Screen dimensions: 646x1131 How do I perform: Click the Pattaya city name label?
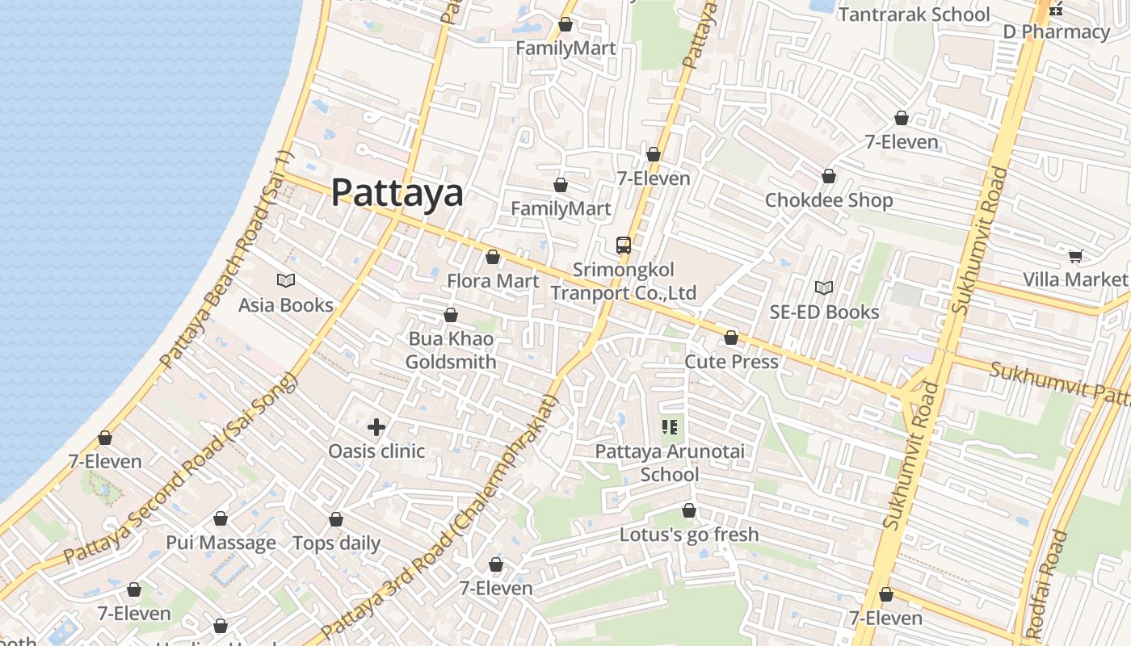(397, 193)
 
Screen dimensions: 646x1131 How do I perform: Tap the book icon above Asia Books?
(286, 280)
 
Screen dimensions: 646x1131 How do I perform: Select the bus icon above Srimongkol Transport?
(624, 245)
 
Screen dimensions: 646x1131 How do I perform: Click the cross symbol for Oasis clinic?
(376, 427)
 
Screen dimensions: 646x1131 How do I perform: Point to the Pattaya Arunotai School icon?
(670, 426)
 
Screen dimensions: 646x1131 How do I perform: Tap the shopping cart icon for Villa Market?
(1075, 256)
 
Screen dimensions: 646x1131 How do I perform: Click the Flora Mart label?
(493, 281)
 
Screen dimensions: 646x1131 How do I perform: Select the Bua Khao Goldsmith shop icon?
(451, 315)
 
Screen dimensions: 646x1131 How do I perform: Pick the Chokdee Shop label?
(829, 200)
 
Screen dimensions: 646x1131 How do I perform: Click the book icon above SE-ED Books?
(824, 287)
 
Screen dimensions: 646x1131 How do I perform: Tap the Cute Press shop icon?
(731, 338)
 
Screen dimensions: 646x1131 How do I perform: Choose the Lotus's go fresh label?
(689, 535)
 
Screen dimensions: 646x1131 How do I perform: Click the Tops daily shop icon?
(336, 519)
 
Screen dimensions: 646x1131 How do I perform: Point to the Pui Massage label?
(221, 543)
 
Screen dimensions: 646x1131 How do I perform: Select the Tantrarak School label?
(914, 15)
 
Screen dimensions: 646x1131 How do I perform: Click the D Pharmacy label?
(1056, 32)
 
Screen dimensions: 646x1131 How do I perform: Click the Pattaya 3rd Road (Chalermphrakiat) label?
(440, 517)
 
